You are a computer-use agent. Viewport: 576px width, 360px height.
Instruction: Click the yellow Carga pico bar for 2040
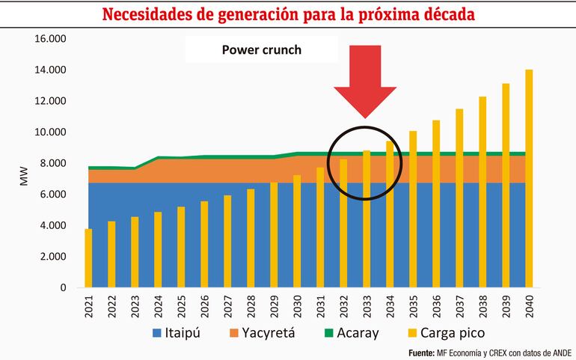529,180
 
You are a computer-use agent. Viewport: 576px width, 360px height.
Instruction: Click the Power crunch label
261,51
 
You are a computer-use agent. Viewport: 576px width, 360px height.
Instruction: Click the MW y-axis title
22,179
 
